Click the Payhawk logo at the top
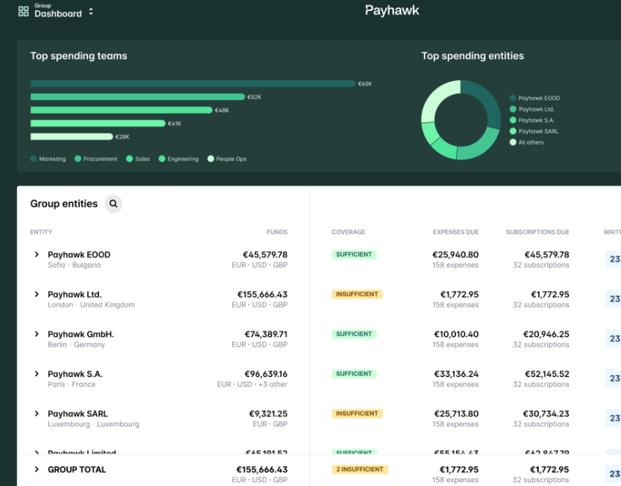pos(392,10)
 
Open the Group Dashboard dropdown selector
pos(91,12)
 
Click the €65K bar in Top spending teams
pos(192,84)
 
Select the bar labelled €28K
pos(71,136)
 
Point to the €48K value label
pos(222,110)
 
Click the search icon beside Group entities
pos(113,204)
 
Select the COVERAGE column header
pos(348,232)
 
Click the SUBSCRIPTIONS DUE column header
pos(537,232)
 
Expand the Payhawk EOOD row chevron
pos(37,254)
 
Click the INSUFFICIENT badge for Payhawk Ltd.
pos(357,294)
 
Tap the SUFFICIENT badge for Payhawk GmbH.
pos(354,334)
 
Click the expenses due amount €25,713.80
pos(455,413)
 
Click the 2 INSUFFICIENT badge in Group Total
pos(359,469)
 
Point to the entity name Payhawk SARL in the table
pos(78,413)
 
